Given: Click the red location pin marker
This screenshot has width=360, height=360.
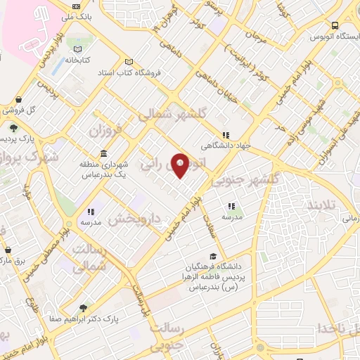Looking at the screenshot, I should [x=180, y=165].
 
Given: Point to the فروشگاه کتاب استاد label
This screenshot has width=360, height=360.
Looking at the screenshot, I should [x=148, y=72].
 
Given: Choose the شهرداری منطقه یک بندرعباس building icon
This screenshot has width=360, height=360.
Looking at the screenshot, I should [x=104, y=154].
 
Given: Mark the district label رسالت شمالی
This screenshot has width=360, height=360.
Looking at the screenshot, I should [x=105, y=258].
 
